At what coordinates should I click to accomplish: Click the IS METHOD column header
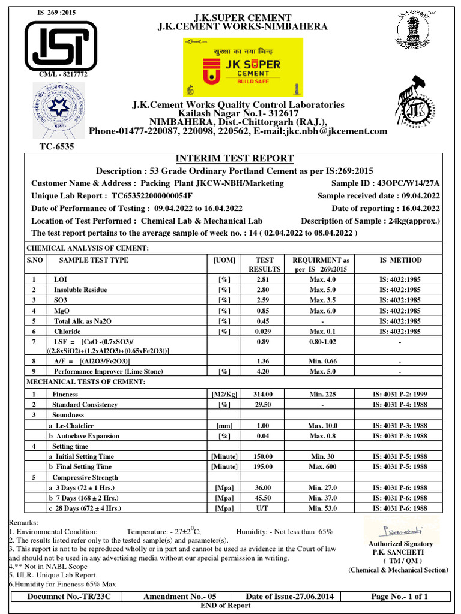(400, 260)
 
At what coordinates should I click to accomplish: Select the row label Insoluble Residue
(80, 290)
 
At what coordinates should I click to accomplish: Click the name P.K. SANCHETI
(400, 552)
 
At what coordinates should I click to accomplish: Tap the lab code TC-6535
(57, 146)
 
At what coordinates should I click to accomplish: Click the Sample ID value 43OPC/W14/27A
(409, 183)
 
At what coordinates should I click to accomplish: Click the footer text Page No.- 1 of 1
(400, 597)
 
